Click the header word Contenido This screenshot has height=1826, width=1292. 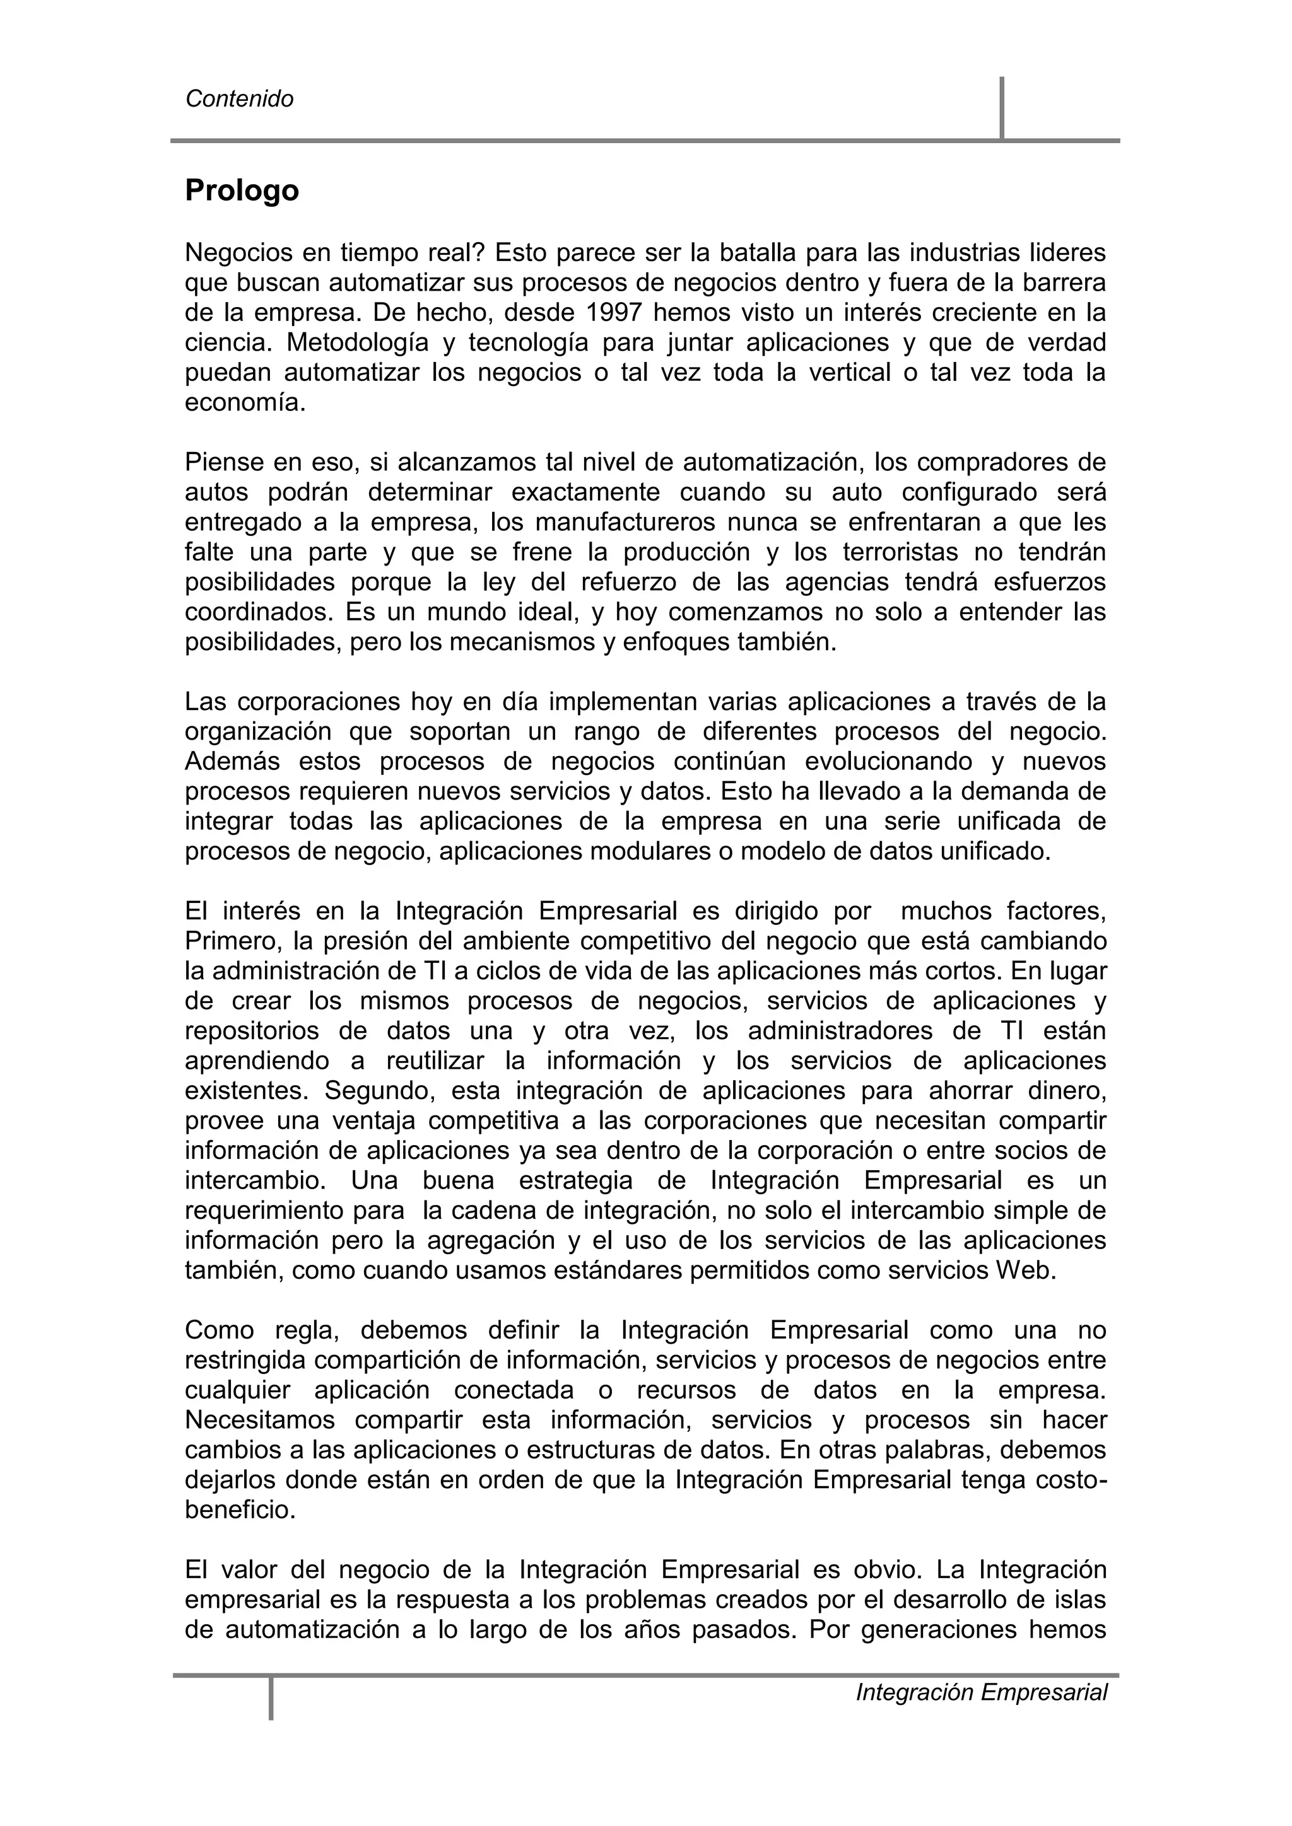click(240, 100)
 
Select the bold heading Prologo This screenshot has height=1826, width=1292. click(242, 191)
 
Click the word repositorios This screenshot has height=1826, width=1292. click(252, 1032)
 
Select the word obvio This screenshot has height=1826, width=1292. click(884, 1570)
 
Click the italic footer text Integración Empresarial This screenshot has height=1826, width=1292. click(981, 1692)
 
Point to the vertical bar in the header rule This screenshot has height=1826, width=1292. click(1002, 109)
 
